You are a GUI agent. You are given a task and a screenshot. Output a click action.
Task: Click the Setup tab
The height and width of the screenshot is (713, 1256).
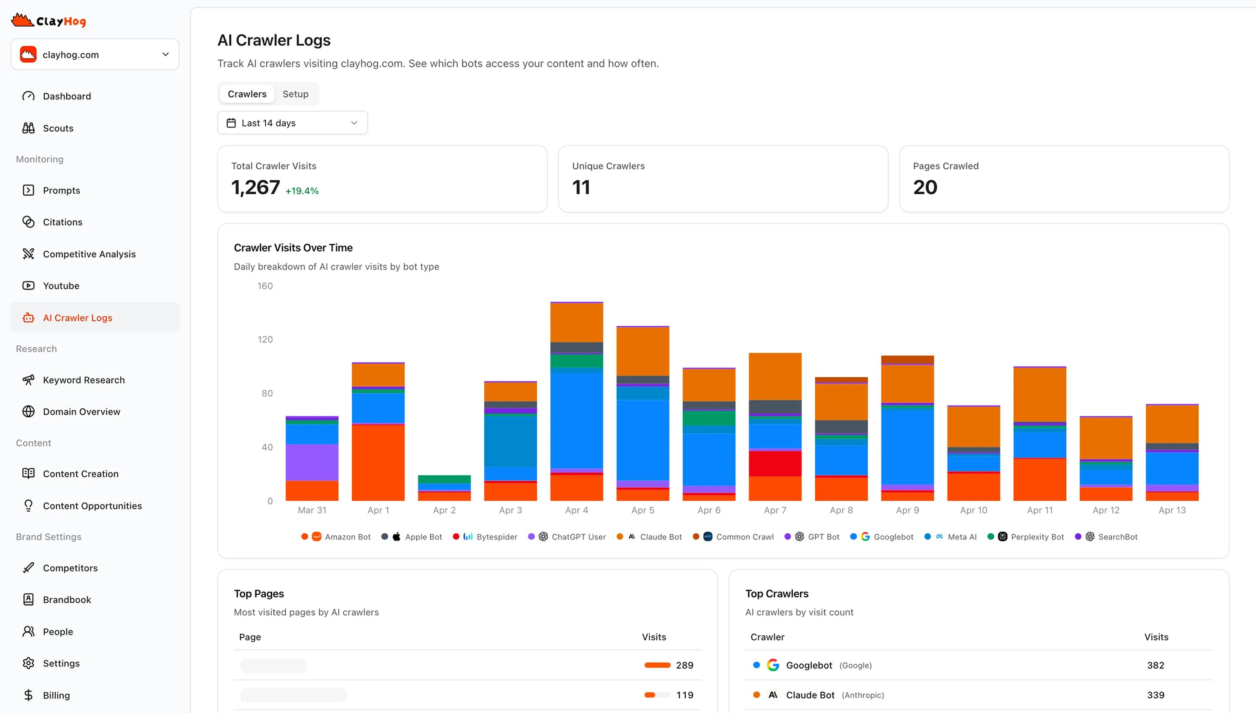pos(295,94)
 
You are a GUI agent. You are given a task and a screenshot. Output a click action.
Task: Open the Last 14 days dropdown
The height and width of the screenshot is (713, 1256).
pos(292,123)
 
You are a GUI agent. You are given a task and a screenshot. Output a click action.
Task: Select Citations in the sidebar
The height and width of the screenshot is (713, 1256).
pos(62,222)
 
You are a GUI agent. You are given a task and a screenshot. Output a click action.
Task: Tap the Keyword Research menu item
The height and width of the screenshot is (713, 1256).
pos(84,380)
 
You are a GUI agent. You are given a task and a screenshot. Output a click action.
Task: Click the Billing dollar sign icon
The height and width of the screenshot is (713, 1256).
pos(28,695)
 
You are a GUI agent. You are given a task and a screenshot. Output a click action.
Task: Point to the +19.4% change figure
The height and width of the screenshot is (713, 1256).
pos(302,191)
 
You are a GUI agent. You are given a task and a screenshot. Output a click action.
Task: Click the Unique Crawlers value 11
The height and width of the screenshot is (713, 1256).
pos(581,187)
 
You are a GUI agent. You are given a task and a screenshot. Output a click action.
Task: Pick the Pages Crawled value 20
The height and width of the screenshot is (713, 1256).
pos(925,187)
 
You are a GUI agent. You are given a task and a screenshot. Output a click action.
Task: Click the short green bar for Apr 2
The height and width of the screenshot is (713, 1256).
pos(444,479)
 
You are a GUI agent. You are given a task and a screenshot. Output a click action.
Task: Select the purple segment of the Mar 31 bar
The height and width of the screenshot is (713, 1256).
pos(312,462)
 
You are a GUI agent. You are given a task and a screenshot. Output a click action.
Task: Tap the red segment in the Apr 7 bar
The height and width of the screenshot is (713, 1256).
pos(775,463)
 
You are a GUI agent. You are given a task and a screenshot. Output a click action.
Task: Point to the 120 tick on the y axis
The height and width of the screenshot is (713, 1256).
pos(265,340)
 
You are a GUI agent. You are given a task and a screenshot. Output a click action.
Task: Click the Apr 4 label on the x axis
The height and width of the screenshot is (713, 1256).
pos(576,510)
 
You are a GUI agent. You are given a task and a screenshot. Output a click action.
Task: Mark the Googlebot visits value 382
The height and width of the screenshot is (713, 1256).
pos(1155,665)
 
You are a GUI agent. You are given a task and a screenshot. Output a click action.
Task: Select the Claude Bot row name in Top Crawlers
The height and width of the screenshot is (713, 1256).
pos(810,695)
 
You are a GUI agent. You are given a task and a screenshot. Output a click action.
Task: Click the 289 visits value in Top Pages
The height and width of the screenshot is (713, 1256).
pos(684,665)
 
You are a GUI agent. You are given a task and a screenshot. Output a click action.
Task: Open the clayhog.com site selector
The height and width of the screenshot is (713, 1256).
pos(95,54)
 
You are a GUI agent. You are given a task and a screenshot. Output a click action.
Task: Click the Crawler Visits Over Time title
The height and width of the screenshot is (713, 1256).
pos(293,248)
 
